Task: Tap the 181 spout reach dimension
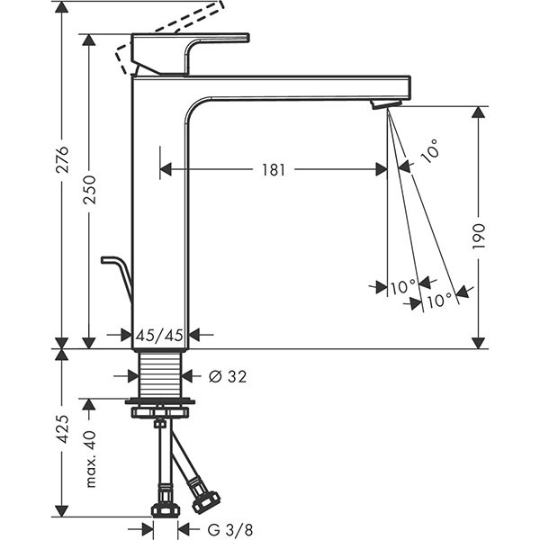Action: tap(274, 168)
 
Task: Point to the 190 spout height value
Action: tap(478, 236)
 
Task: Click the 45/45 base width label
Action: tap(159, 335)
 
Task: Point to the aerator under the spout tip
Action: tap(385, 106)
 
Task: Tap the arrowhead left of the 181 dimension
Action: tap(166, 168)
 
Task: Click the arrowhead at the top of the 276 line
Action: tap(61, 6)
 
